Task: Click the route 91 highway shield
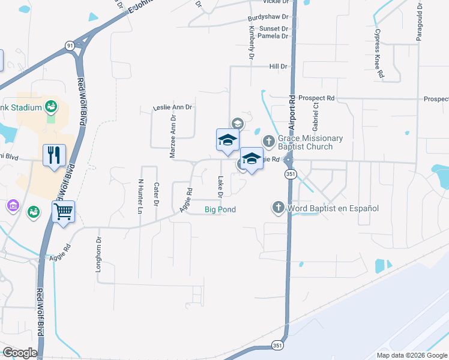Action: coord(70,45)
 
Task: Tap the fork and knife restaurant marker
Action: coord(55,155)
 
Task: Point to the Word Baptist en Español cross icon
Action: coord(278,208)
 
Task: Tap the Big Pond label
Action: coord(220,209)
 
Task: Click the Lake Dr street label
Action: coord(220,187)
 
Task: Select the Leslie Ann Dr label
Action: coord(172,107)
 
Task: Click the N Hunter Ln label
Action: coord(140,196)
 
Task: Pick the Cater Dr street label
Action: coord(155,194)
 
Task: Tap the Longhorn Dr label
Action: coord(100,254)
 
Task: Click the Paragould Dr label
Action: coord(420,22)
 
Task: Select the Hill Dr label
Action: coord(279,66)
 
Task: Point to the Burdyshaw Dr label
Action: coord(268,19)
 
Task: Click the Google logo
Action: coord(19,353)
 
